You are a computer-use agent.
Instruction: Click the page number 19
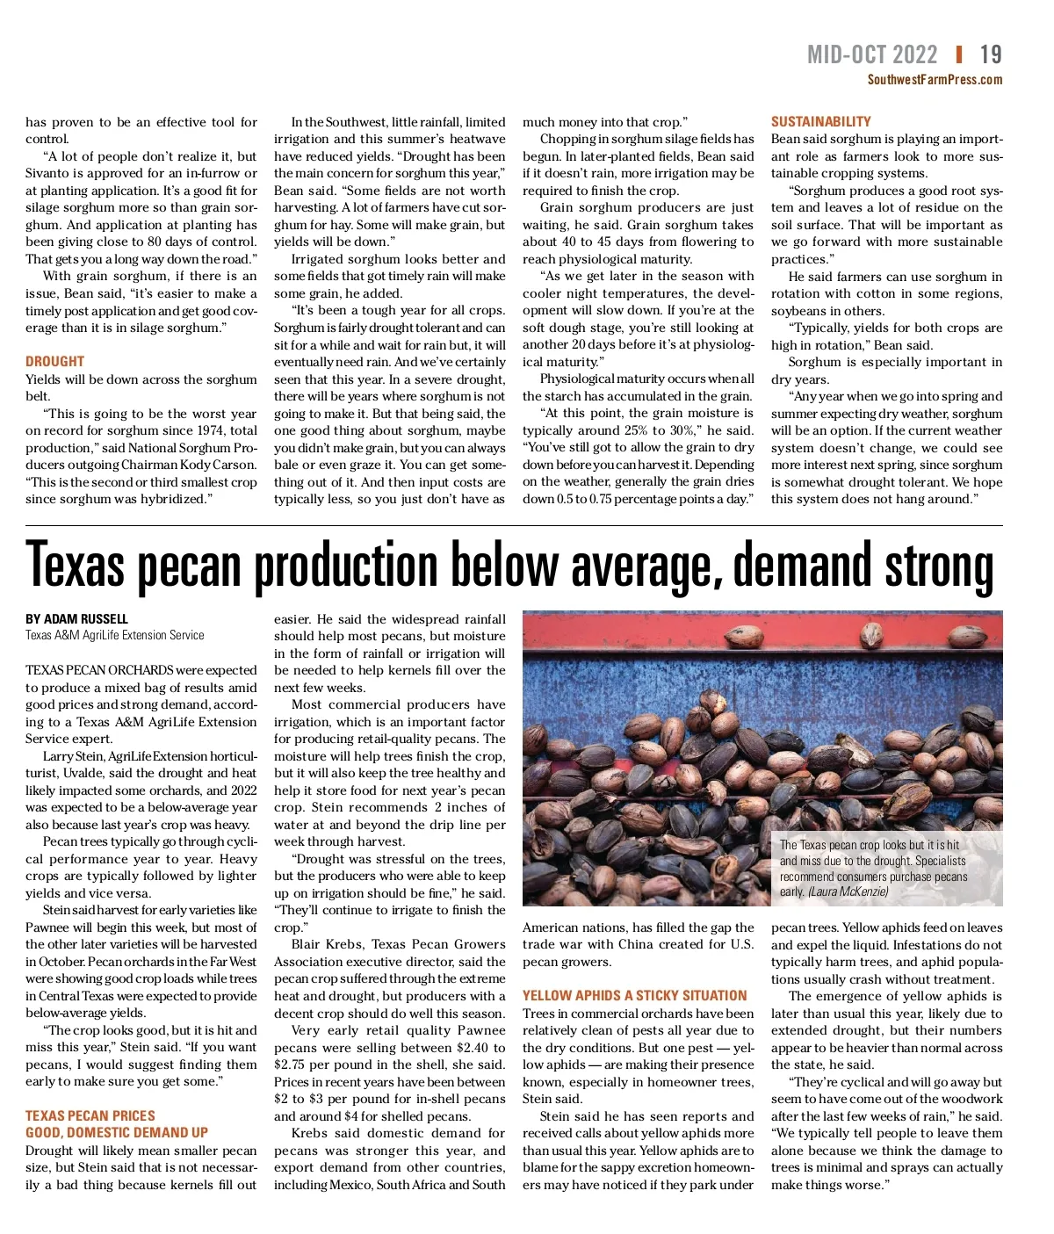coord(991,55)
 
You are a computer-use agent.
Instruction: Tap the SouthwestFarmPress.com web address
coord(935,80)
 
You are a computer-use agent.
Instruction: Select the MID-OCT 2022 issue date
coord(872,55)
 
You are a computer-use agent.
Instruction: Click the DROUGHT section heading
coord(54,361)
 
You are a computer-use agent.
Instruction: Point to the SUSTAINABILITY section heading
coord(820,121)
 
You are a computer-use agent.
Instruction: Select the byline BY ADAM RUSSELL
coord(76,619)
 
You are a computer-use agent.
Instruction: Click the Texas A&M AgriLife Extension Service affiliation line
coord(114,635)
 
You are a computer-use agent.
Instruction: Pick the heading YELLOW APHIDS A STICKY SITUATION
coord(634,995)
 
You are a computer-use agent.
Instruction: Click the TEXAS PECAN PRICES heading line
coord(90,1115)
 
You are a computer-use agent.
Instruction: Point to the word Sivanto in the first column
coord(48,173)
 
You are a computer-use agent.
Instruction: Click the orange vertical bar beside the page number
coord(958,54)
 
